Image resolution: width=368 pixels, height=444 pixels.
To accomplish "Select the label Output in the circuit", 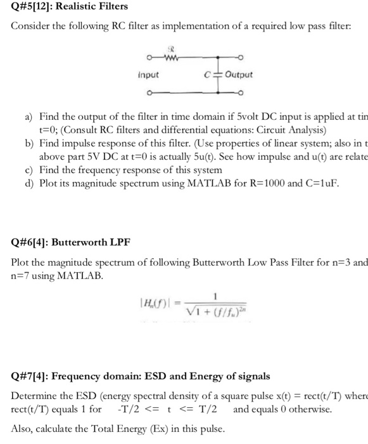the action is pos(238,75).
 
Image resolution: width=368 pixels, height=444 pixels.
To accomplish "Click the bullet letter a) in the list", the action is pos(29,117).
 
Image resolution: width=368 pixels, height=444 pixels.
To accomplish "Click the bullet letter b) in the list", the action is pos(29,145).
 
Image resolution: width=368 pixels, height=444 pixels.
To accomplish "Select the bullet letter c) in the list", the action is pos(29,170).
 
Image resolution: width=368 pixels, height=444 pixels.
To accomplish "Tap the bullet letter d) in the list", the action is pos(29,183).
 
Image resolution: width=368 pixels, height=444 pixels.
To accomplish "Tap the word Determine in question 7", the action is pos(34,396).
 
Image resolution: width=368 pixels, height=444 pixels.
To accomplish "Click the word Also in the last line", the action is pos(22,428).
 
